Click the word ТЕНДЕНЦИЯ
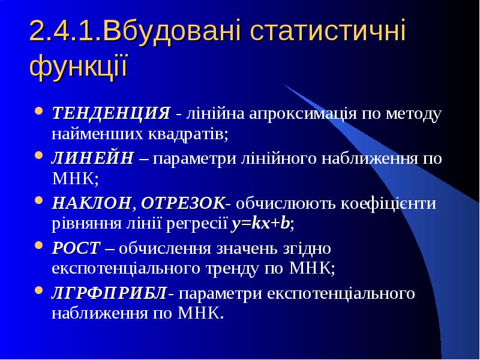[x=111, y=113]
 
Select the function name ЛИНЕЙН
[x=93, y=158]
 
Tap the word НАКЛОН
[x=92, y=203]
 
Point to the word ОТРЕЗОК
[x=183, y=203]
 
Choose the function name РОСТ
[x=76, y=248]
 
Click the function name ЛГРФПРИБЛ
[x=109, y=293]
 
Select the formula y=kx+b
[x=260, y=224]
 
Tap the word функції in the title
[x=79, y=66]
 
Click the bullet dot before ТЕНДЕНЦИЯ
[x=39, y=110]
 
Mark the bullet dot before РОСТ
[x=39, y=245]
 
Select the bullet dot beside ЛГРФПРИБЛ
[x=39, y=290]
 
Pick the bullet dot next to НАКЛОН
[x=39, y=200]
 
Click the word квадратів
[x=188, y=134]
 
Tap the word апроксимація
[x=303, y=114]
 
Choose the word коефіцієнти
[x=388, y=203]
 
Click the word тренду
[x=232, y=269]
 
